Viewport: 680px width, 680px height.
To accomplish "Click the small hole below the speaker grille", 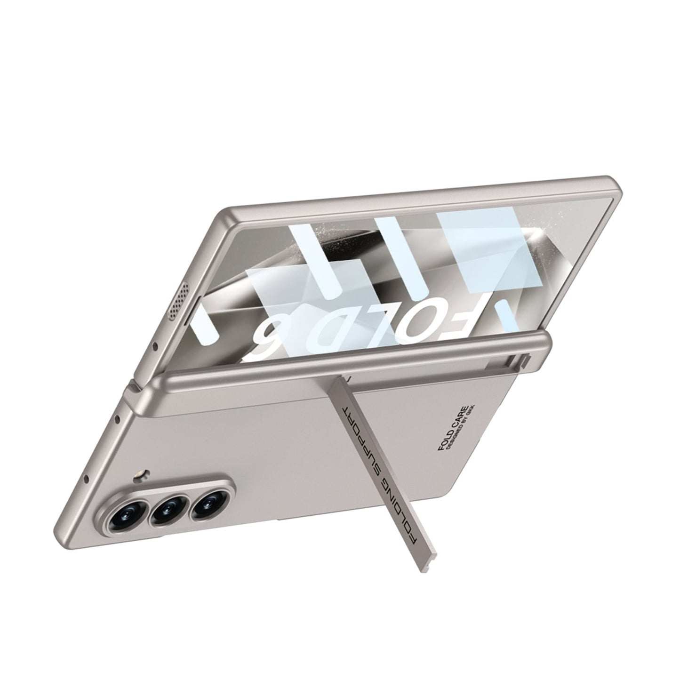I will click(155, 347).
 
